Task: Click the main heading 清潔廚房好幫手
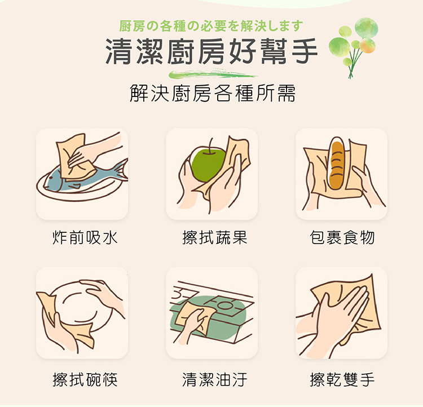pos(211,52)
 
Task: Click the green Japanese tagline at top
pos(211,26)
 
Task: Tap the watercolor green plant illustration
pos(359,42)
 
